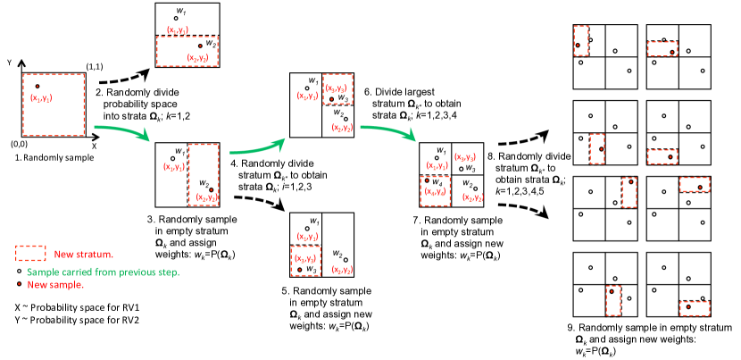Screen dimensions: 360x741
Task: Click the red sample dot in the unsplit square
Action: point(37,87)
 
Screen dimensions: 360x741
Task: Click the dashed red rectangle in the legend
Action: point(30,254)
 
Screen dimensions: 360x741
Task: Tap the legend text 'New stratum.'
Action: point(84,255)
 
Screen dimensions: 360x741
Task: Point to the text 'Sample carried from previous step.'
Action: point(103,272)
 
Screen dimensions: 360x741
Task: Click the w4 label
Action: point(437,182)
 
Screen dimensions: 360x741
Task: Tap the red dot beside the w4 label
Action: point(427,180)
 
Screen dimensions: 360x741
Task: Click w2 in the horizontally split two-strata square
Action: point(211,43)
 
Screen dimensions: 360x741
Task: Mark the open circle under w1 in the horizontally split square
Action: point(176,18)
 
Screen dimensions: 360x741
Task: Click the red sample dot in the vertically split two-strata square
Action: point(212,190)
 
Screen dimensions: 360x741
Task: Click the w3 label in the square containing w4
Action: point(470,169)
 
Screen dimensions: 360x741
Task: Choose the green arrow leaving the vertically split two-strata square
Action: point(257,147)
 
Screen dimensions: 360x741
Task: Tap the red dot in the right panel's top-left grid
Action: point(578,45)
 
